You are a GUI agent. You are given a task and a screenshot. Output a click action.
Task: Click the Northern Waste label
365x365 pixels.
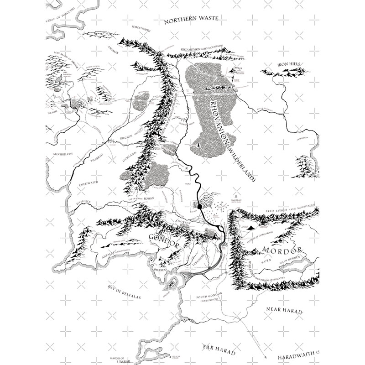[192, 19]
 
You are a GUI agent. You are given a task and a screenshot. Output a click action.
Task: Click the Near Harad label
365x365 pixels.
[284, 310]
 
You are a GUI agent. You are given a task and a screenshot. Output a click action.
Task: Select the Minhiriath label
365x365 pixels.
[64, 153]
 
